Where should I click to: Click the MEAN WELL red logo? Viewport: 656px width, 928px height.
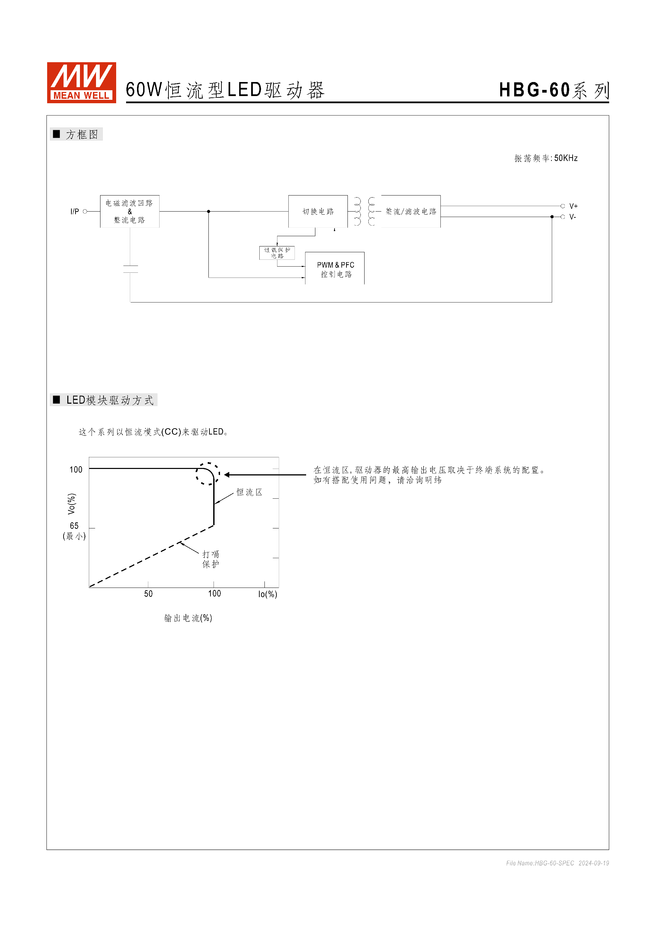[x=81, y=82]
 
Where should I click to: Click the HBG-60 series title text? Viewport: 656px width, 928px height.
[x=553, y=90]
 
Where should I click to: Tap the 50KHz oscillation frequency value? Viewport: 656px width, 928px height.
[x=565, y=158]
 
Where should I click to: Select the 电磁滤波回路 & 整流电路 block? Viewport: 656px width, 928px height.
[x=130, y=211]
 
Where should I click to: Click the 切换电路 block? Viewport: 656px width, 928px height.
[x=318, y=211]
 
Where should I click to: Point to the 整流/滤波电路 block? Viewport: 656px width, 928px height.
[x=411, y=211]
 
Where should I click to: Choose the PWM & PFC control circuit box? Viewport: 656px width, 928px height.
[x=335, y=269]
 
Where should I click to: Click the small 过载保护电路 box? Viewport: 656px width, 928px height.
[x=277, y=253]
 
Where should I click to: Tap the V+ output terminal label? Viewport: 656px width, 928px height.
[x=573, y=206]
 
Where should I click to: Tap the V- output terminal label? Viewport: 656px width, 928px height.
[x=572, y=217]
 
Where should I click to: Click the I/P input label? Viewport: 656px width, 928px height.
[x=75, y=211]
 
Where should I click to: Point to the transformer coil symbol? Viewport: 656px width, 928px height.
[x=364, y=211]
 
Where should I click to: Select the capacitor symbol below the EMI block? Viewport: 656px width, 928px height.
[x=131, y=269]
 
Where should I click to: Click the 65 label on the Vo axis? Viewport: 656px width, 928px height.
[x=74, y=526]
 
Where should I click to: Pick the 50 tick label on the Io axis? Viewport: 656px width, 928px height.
[x=148, y=594]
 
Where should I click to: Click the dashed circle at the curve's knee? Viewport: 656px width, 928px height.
[x=208, y=474]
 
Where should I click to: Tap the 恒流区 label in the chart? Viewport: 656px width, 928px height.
[x=249, y=492]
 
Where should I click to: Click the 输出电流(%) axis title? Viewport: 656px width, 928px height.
[x=188, y=618]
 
